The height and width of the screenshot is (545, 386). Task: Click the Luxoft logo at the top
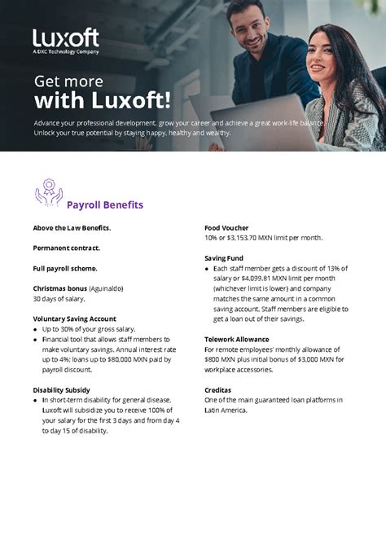[66, 40]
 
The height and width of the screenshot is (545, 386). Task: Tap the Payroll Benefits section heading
[104, 204]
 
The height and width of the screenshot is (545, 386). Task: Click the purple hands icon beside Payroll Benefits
[48, 192]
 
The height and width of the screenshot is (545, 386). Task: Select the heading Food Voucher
[226, 227]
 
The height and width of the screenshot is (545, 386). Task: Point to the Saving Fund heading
[224, 258]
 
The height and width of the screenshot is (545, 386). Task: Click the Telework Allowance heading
[236, 339]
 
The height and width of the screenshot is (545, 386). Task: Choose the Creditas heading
[219, 390]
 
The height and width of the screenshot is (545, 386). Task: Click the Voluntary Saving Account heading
[74, 319]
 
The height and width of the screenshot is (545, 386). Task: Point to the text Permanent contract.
[67, 248]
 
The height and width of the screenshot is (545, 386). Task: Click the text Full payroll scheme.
[65, 268]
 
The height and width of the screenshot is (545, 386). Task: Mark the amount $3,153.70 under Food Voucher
[246, 238]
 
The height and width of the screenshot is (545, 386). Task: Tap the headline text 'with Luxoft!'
[102, 101]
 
